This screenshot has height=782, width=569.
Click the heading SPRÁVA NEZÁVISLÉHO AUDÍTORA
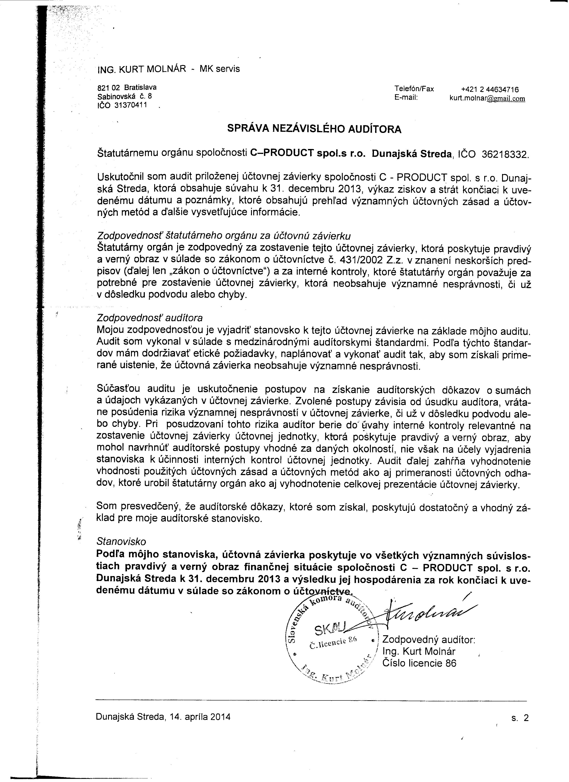(x=314, y=129)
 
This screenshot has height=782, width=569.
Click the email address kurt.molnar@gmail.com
(x=487, y=98)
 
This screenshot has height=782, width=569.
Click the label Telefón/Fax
(x=414, y=89)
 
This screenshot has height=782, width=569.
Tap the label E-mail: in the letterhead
(x=406, y=98)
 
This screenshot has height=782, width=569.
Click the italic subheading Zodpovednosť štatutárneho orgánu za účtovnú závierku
(x=224, y=236)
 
